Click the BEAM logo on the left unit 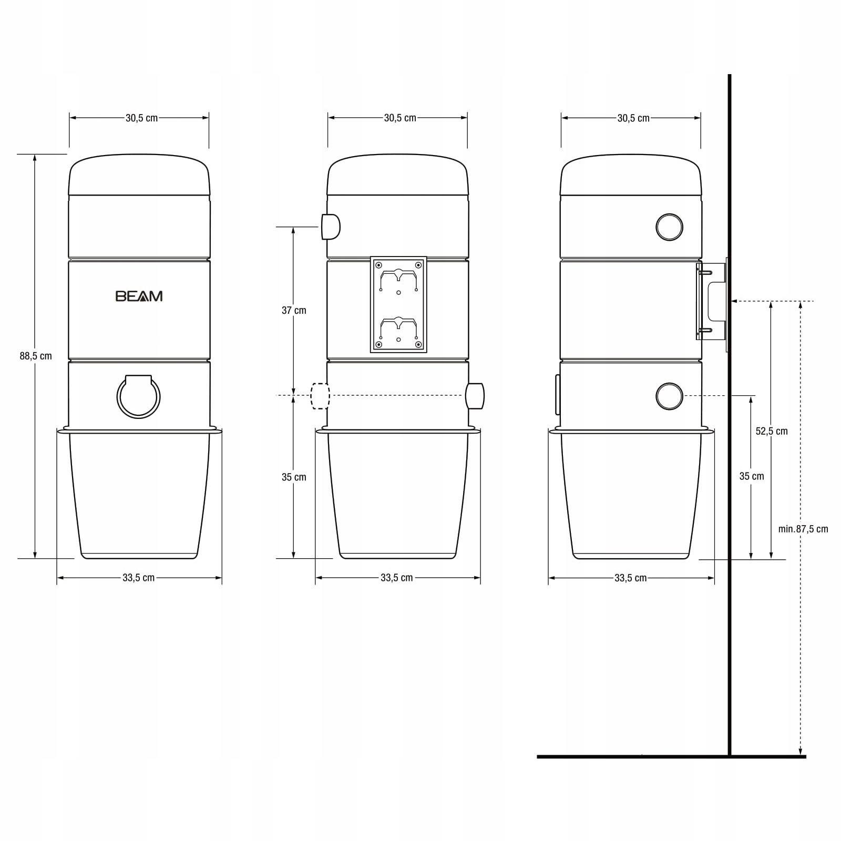(x=139, y=296)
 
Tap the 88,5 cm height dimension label (x=36, y=356)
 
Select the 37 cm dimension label (x=294, y=310)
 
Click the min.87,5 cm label (x=803, y=529)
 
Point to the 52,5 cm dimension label (x=772, y=431)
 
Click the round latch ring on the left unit (x=138, y=397)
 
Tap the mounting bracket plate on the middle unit (x=398, y=304)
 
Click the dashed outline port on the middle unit (x=320, y=396)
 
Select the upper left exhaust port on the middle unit (x=331, y=227)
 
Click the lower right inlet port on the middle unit (x=475, y=396)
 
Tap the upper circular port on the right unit (x=669, y=227)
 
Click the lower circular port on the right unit (x=669, y=396)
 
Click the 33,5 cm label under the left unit (x=139, y=578)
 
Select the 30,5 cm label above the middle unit (x=400, y=118)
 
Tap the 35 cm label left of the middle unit (x=294, y=477)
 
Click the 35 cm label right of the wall (x=752, y=476)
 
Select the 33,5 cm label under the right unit (x=631, y=578)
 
